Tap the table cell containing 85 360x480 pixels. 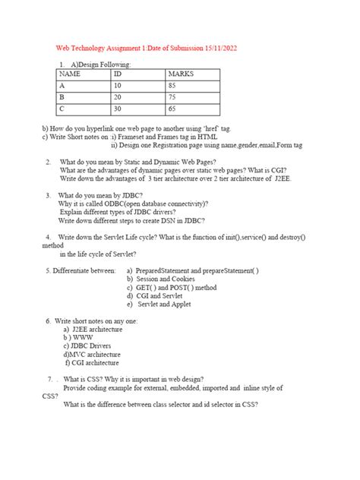pos(172,86)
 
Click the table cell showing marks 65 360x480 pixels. pos(172,109)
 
